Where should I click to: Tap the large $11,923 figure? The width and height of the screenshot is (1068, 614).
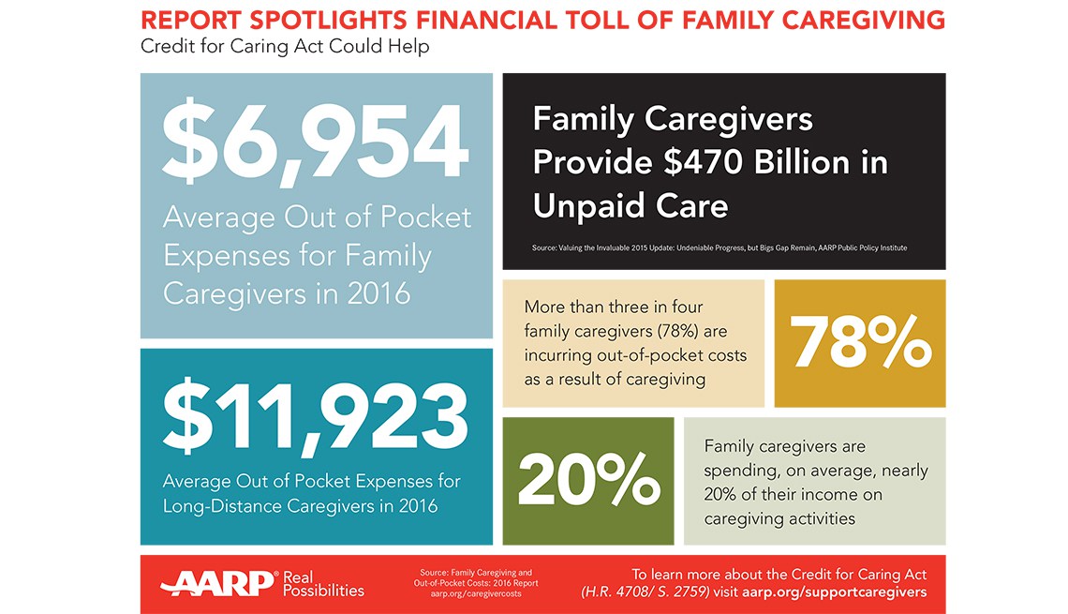point(316,417)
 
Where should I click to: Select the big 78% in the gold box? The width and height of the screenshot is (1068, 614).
point(860,344)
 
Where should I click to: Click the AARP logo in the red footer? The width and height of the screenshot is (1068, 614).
point(218,583)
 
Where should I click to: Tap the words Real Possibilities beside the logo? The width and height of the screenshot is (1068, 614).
point(322,583)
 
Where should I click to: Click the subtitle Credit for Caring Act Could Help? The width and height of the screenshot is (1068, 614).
point(285,46)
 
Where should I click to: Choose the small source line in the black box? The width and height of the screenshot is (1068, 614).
point(719,247)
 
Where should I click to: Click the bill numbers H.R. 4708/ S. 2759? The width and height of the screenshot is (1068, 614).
point(655,592)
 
